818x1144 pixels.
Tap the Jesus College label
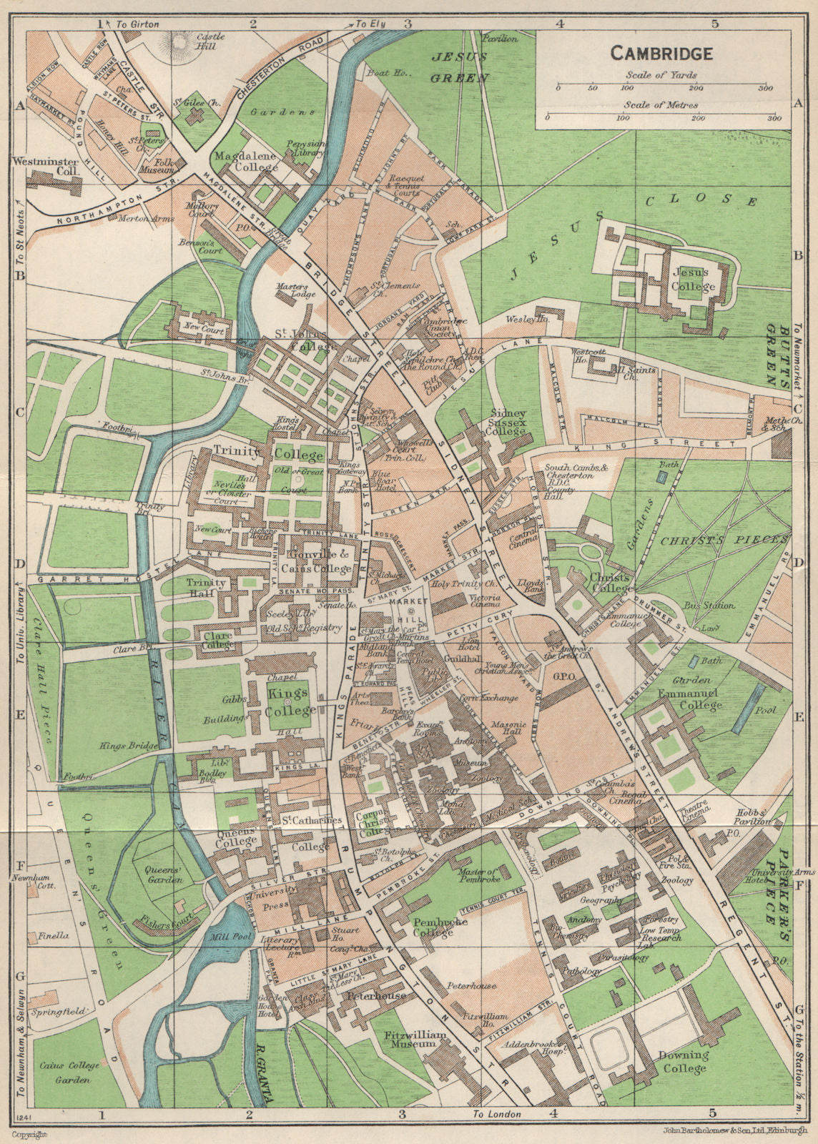(x=692, y=280)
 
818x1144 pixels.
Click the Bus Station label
(x=710, y=606)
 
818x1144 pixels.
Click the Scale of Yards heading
(x=661, y=75)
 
